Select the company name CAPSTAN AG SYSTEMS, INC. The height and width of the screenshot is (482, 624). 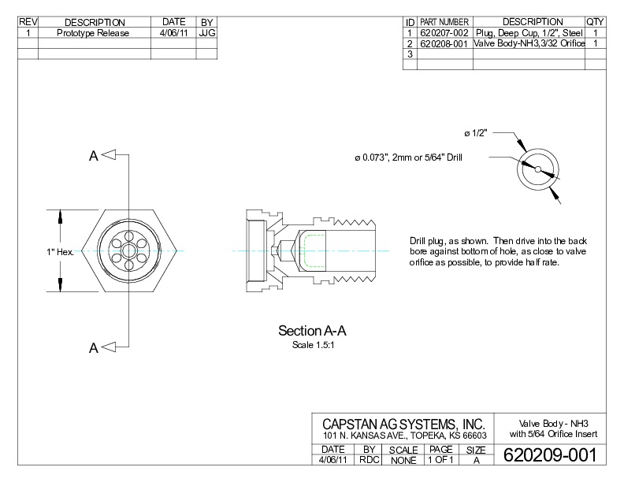[x=403, y=425]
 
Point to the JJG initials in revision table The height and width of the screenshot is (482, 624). [x=206, y=33]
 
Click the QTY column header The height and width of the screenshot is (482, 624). [x=596, y=22]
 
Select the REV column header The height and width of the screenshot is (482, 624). [x=28, y=22]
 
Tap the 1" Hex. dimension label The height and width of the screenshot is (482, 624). [x=60, y=252]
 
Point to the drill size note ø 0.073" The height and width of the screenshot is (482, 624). [x=408, y=158]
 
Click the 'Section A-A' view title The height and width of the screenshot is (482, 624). [x=313, y=331]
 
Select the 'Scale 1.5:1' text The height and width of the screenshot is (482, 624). [x=313, y=345]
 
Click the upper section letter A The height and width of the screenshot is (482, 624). [x=93, y=156]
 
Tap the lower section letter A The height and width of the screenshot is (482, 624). [x=93, y=347]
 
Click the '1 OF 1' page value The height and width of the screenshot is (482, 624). [x=440, y=460]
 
